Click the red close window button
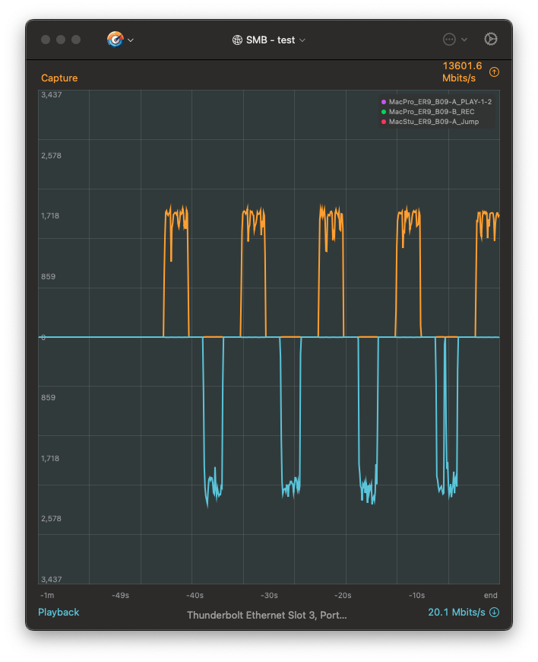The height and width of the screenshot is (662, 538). coord(46,40)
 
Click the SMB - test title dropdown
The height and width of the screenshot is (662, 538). coord(269,40)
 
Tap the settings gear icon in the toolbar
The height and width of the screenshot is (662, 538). coord(491,39)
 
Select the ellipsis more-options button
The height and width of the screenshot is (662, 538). coord(449,39)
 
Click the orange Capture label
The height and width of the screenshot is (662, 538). coord(59,78)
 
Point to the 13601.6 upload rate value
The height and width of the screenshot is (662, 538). coord(462,66)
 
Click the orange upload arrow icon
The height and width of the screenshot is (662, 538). coord(494,72)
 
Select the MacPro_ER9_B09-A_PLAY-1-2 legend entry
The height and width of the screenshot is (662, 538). coord(436,102)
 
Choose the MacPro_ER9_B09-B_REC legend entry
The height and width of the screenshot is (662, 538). coord(431,112)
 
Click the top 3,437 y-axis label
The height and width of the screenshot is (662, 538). coord(52,95)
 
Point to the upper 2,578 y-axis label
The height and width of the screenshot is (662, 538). coord(52,155)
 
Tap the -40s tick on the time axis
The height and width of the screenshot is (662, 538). coord(195,595)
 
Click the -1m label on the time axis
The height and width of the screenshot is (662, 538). coord(48,595)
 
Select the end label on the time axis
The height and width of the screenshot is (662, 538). coord(490,595)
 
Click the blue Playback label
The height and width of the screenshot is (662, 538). coord(59,613)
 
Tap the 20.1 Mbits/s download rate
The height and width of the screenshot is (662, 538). coord(456,613)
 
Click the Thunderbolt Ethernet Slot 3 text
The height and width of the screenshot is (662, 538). coord(267,615)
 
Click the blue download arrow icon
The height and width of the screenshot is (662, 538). coord(494,613)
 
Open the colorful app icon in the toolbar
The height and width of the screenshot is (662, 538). coord(116,40)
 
